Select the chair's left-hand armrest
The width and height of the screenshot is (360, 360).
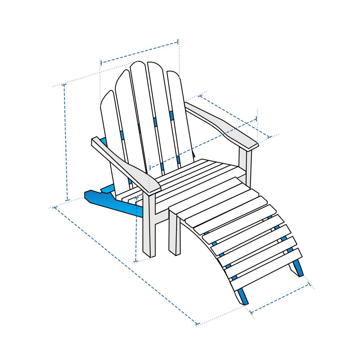[126, 162]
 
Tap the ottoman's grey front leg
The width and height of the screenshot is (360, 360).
[174, 234]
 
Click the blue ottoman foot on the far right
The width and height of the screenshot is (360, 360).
[298, 268]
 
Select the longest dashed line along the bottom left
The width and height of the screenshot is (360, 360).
[126, 266]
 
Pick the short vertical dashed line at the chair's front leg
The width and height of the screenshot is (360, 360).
[136, 230]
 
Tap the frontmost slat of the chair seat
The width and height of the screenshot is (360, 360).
[202, 187]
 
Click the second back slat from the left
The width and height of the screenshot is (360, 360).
[130, 122]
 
